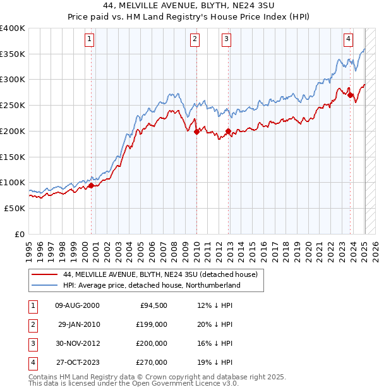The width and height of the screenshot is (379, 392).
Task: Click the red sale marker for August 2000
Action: (x=91, y=185)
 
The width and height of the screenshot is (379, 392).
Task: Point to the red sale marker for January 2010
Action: (x=196, y=132)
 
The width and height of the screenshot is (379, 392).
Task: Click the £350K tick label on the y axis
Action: (x=13, y=54)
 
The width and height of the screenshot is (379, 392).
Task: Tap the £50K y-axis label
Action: (x=15, y=208)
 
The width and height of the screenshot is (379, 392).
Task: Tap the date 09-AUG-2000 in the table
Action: (x=77, y=305)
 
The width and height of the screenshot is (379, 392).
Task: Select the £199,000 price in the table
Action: (x=152, y=324)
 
